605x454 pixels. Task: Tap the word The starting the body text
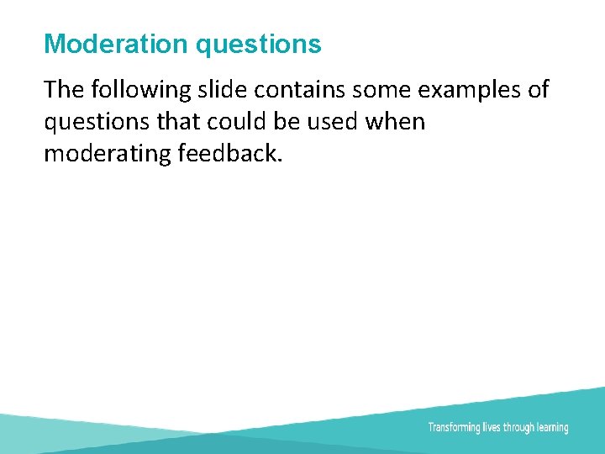[x=64, y=89]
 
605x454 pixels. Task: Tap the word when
[x=396, y=122]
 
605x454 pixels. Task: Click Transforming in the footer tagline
[x=454, y=427]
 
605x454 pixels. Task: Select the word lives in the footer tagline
[x=492, y=427]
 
